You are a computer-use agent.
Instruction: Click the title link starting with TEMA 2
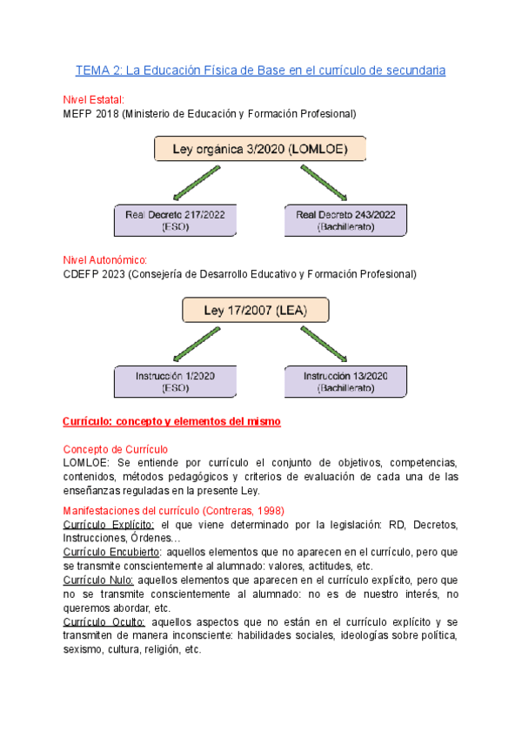(x=261, y=70)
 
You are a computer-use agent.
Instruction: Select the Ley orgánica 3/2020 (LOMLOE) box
(x=260, y=149)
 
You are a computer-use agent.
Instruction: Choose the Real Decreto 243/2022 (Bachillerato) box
(x=346, y=220)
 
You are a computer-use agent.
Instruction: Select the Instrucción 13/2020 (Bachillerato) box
(x=346, y=382)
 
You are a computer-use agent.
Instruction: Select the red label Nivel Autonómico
(x=105, y=260)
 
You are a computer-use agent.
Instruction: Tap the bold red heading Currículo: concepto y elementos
(x=172, y=421)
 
